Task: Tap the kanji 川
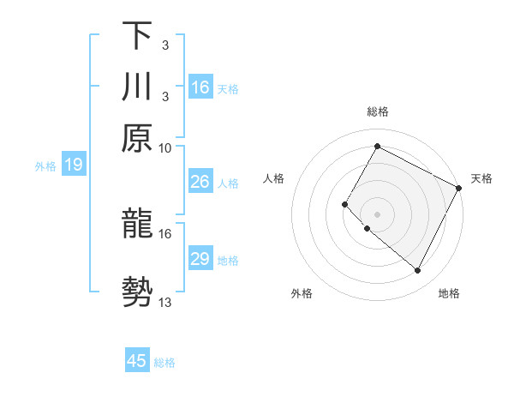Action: [x=138, y=88]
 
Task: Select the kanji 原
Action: [x=138, y=139]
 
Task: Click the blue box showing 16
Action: [x=200, y=87]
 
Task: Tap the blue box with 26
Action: [x=200, y=182]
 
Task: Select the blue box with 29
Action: [x=200, y=259]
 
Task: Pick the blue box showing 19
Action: [x=73, y=165]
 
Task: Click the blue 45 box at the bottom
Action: [x=137, y=361]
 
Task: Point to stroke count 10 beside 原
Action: [x=165, y=147]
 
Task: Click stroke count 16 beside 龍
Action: [x=165, y=233]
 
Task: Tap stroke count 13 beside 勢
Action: [x=165, y=302]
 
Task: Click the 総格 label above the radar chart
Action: [x=378, y=111]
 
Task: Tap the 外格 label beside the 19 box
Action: [x=45, y=165]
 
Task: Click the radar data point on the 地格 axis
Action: [x=418, y=271]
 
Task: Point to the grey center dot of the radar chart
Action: [x=377, y=214]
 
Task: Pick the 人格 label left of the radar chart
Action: [x=274, y=178]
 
